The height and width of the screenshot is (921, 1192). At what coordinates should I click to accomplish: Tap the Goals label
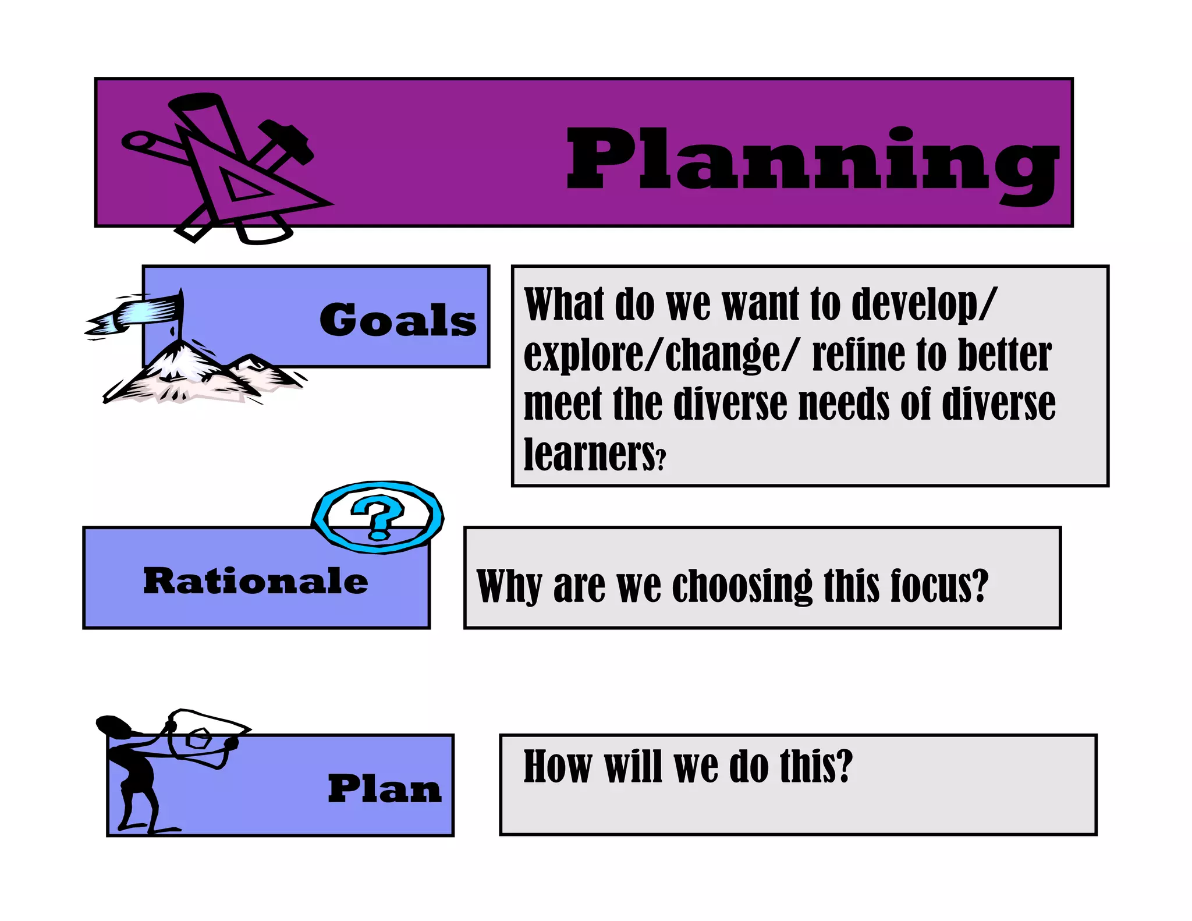pos(398,320)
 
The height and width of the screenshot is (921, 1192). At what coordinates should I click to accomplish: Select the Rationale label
pos(256,580)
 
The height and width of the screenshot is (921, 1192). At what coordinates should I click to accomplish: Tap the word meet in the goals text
pos(562,404)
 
